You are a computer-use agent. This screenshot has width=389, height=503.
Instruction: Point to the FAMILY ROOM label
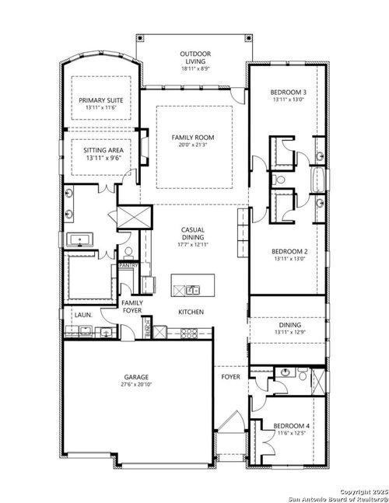193,138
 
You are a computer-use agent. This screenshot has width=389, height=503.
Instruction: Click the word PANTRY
128,265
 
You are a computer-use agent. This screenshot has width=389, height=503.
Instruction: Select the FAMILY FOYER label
132,307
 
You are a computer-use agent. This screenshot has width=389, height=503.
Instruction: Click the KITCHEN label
191,312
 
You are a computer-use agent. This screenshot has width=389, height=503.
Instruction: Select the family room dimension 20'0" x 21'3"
193,145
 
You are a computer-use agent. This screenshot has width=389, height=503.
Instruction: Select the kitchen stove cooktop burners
189,332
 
